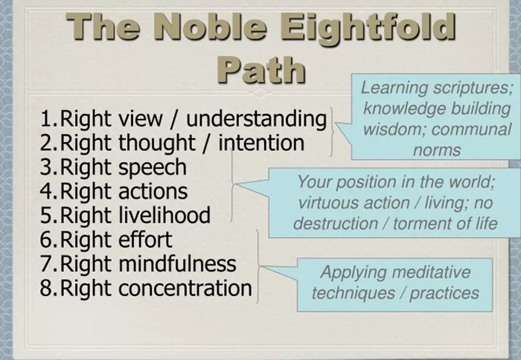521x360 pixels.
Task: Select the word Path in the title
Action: pos(261,71)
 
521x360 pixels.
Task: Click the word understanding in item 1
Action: pos(257,120)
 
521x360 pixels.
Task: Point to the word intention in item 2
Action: pos(261,143)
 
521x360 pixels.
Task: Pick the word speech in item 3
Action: pos(153,168)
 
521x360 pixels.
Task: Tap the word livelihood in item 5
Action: pos(164,214)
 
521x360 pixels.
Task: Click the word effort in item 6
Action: pos(145,239)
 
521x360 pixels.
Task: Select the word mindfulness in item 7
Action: pos(177,263)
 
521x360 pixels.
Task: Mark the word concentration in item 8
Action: pos(185,288)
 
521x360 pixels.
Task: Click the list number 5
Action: pos(45,215)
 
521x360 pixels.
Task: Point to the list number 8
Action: pos(45,288)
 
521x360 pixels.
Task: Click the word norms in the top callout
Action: pos(437,150)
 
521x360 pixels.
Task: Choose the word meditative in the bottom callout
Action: pos(431,272)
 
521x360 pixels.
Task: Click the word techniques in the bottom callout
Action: pos(354,294)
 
